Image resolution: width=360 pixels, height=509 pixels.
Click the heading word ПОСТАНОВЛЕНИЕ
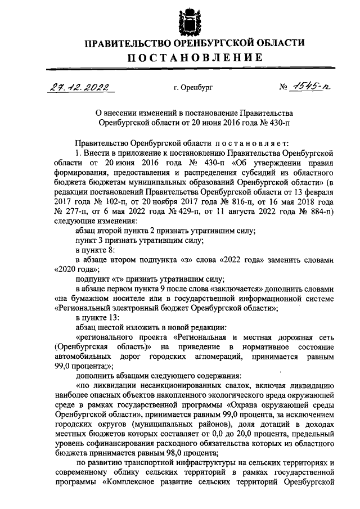tap(186, 57)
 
